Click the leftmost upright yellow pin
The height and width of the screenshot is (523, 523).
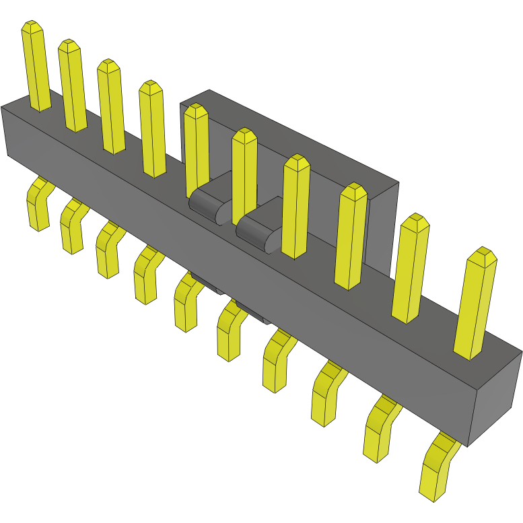click(x=36, y=67)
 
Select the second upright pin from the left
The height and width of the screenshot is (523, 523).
click(x=72, y=88)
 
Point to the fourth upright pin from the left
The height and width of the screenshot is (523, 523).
click(x=153, y=131)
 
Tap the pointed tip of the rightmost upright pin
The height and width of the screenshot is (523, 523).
click(x=483, y=255)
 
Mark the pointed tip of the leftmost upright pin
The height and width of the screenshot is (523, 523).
click(x=32, y=27)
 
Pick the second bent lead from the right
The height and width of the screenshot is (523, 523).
click(x=378, y=431)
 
